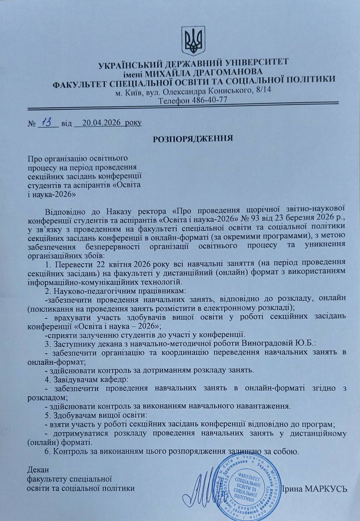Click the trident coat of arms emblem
[x=193, y=40]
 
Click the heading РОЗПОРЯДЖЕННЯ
[x=193, y=138]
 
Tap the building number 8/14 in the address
[x=263, y=90]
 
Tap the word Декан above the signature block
[x=38, y=470]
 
